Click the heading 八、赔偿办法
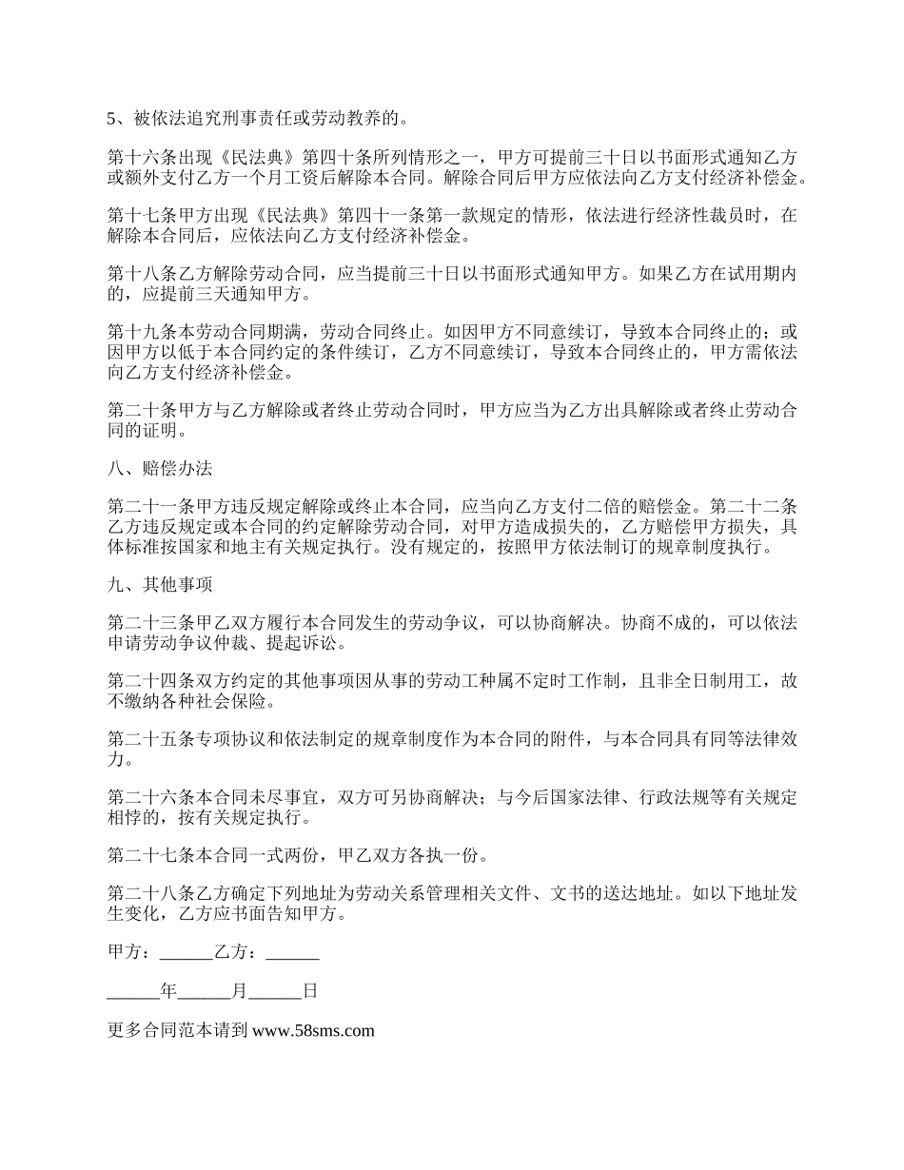159,470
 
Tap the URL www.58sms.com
313,1029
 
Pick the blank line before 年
133,990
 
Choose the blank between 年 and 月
204,990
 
